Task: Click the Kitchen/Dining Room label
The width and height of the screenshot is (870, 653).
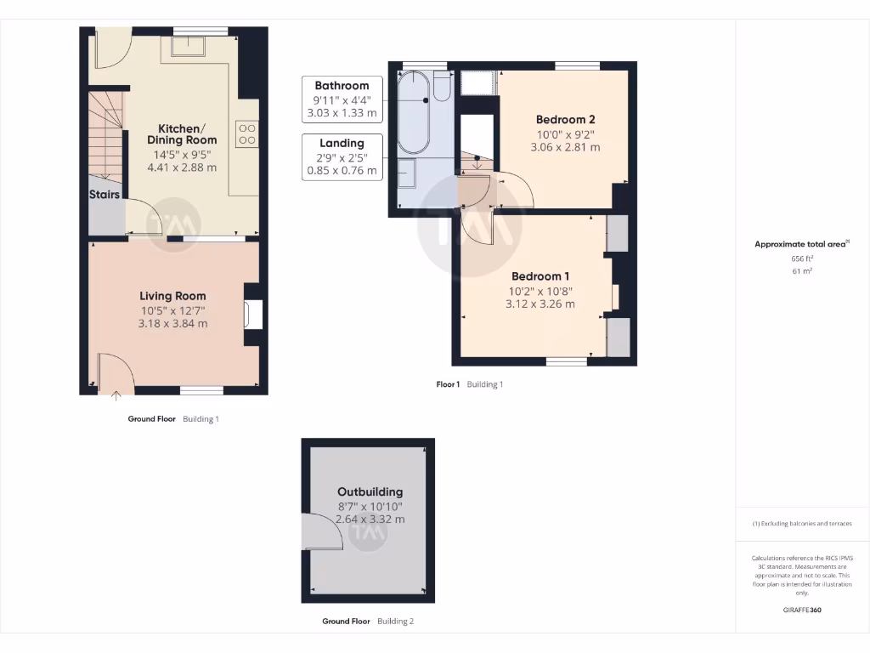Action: [x=182, y=133]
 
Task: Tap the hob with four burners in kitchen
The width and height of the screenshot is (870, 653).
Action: [x=247, y=133]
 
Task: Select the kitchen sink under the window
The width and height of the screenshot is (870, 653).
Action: [x=189, y=46]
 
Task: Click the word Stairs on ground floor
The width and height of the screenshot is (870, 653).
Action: [x=105, y=195]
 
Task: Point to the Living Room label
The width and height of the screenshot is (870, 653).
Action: [x=173, y=296]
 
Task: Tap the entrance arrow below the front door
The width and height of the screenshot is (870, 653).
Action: [x=116, y=393]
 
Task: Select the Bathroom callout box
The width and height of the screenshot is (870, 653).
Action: [x=342, y=99]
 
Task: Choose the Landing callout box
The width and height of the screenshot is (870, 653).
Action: [x=342, y=156]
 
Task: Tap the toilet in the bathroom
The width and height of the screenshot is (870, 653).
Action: [x=442, y=86]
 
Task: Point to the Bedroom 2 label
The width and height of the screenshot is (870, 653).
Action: [x=565, y=119]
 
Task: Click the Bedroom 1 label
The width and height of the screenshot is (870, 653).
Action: [x=540, y=276]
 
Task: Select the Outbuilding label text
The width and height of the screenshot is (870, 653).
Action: [x=370, y=491]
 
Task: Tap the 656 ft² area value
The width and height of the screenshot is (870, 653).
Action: [x=802, y=258]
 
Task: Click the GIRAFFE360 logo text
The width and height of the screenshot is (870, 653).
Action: [x=802, y=610]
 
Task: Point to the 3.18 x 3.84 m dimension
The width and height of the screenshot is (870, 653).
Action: [x=173, y=324]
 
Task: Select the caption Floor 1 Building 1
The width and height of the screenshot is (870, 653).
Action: [x=470, y=384]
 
